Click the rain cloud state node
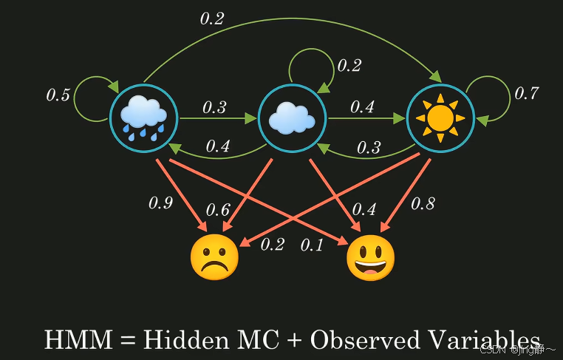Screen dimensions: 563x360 click(144, 118)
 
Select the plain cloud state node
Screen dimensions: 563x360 click(292, 118)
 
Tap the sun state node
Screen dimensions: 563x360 click(440, 118)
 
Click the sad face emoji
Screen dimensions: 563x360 click(214, 258)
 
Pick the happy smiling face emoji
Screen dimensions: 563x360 click(371, 258)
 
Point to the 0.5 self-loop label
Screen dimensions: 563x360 click(58, 95)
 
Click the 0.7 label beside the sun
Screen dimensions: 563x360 click(526, 93)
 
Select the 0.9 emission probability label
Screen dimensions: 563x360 click(160, 203)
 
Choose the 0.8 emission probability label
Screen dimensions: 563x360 click(423, 203)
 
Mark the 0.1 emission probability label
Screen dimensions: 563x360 click(312, 245)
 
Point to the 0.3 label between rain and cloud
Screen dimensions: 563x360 click(214, 107)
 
